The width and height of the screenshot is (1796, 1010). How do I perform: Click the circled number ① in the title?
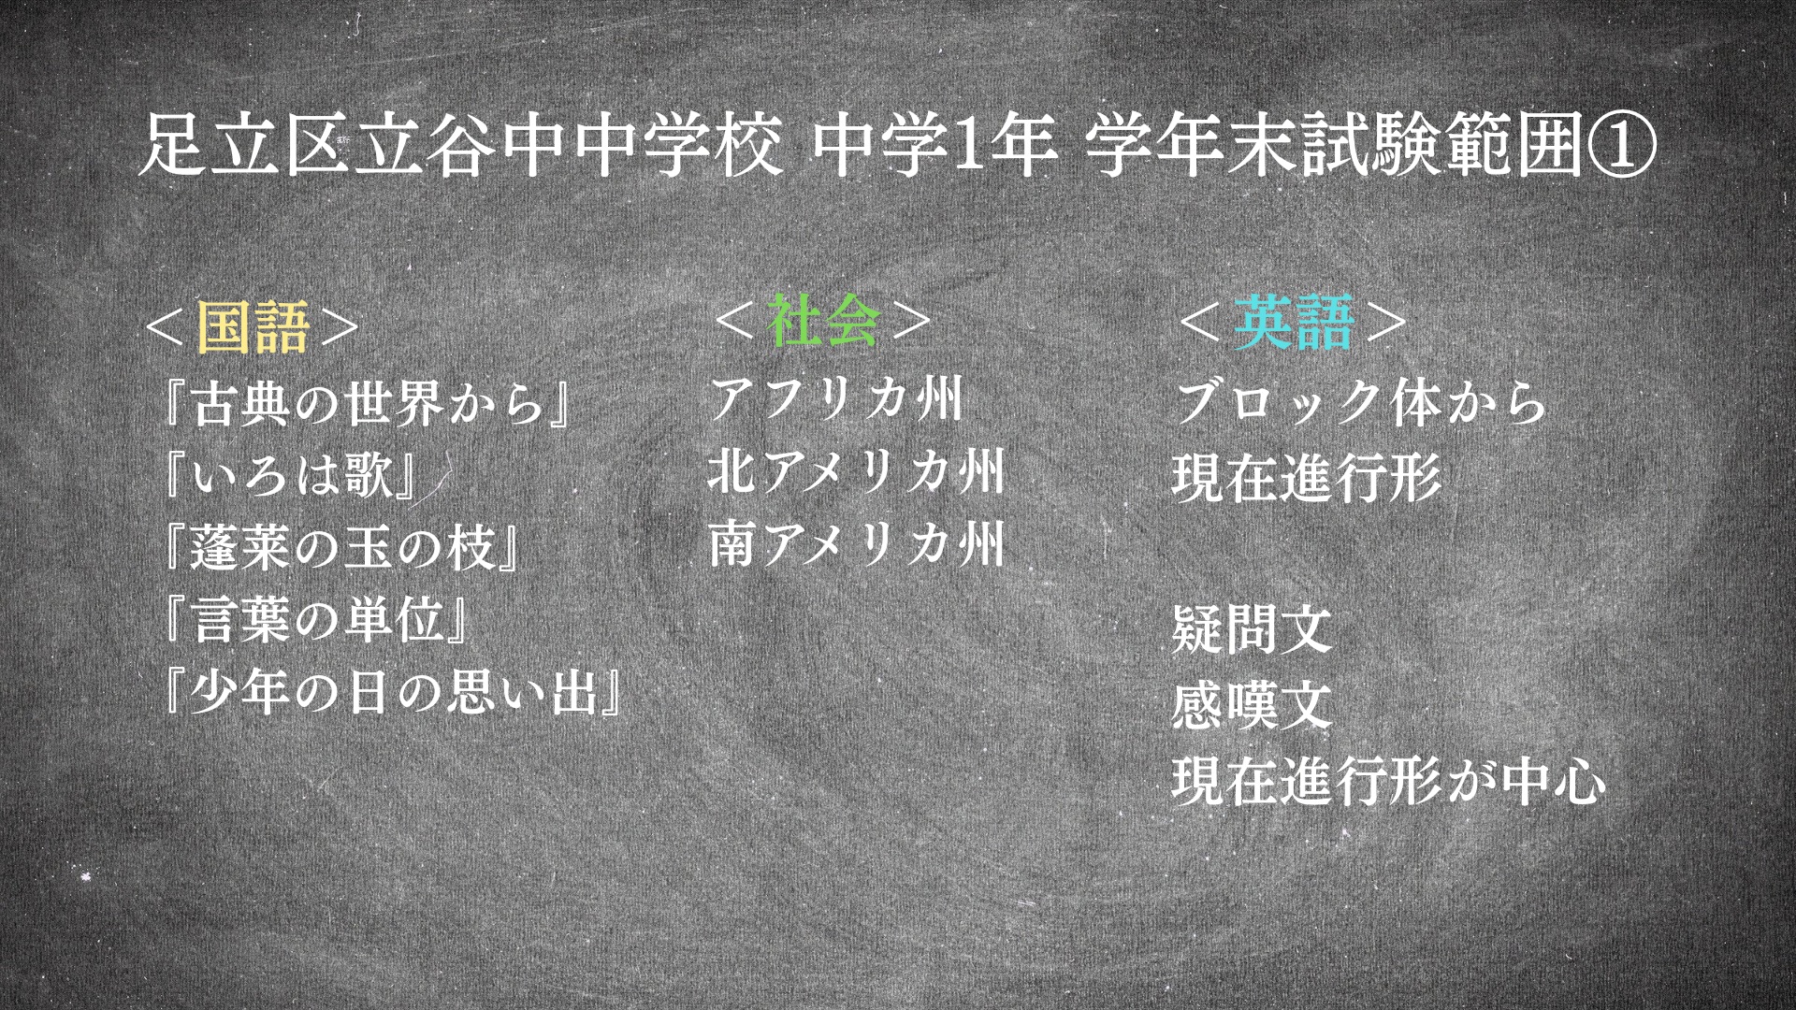[1622, 147]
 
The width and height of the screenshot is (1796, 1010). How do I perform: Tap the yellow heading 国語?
[253, 325]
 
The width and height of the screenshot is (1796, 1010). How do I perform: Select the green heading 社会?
[823, 320]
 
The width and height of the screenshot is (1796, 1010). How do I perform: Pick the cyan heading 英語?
[1294, 322]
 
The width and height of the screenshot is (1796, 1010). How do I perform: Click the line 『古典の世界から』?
[369, 403]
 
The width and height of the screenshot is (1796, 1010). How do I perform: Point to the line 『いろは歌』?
[289, 474]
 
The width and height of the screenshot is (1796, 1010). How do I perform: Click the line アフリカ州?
[836, 398]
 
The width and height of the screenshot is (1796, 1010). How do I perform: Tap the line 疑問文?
[1252, 628]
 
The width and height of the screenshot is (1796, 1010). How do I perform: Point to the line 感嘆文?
[1252, 704]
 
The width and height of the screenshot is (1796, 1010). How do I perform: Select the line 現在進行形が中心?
[1389, 781]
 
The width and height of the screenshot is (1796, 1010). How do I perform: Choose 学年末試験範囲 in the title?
[1336, 147]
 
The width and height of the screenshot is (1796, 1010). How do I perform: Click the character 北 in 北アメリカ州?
[731, 470]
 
